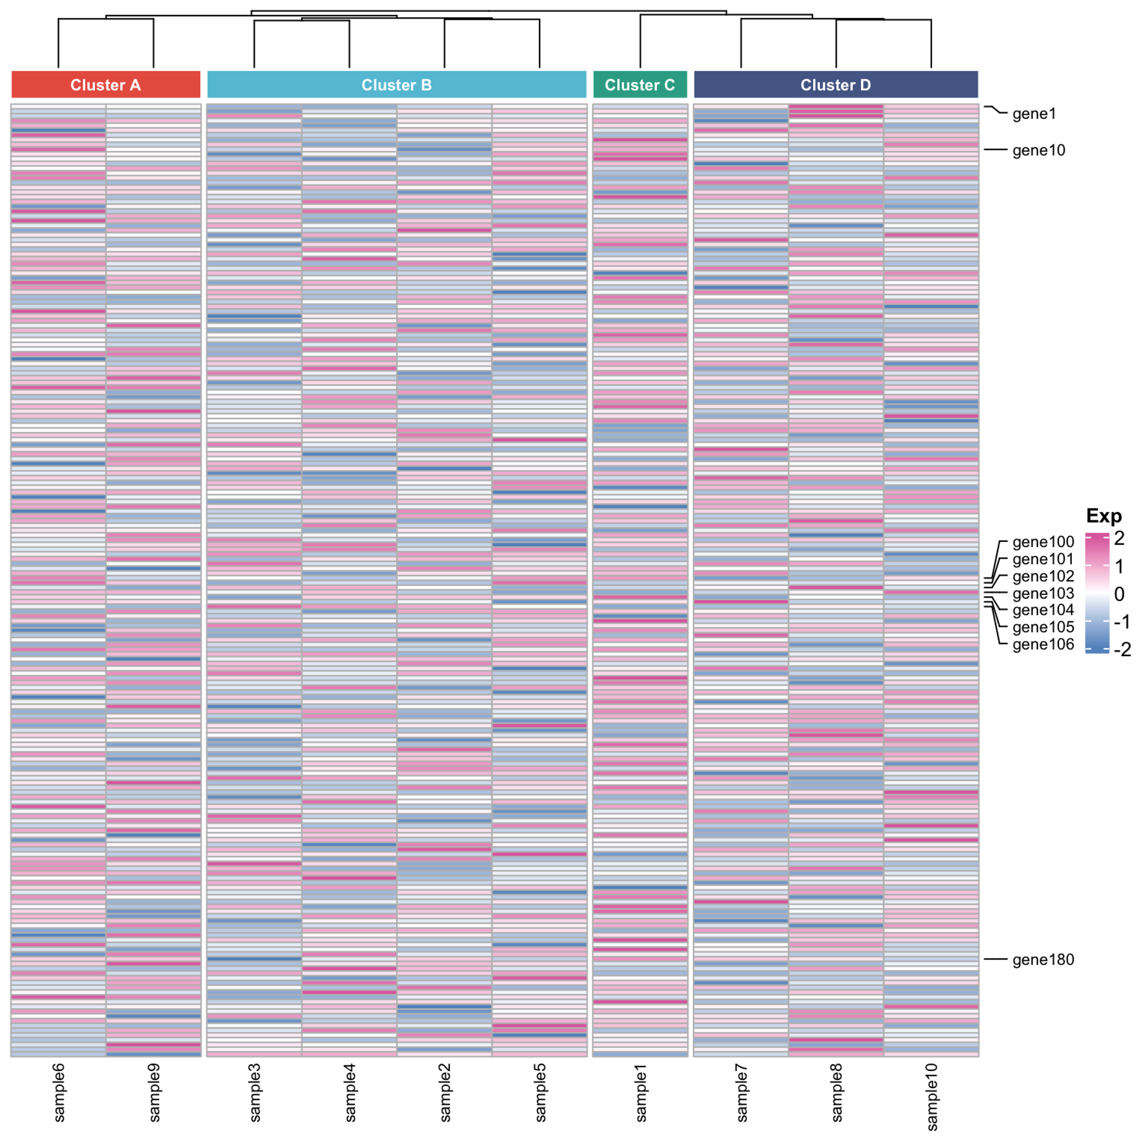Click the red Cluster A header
106,84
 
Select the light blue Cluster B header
396,84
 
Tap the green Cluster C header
640,84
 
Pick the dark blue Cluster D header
835,84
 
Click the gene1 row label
1034,114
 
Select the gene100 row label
1044,542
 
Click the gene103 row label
1044,593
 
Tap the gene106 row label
1044,644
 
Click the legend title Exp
1103,516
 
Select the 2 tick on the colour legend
1119,538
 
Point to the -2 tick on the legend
1122,649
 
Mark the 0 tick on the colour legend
1119,594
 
